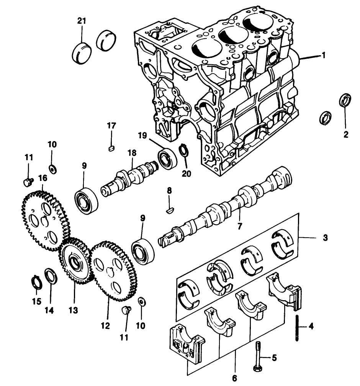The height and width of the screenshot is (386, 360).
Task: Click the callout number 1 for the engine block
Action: click(x=324, y=55)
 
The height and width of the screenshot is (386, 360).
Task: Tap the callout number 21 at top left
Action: click(x=81, y=21)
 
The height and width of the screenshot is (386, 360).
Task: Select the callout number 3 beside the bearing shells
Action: click(x=325, y=238)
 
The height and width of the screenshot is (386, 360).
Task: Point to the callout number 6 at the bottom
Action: click(x=234, y=378)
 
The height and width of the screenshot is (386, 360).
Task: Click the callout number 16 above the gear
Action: click(x=43, y=178)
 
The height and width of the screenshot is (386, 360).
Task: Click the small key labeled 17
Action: click(x=111, y=148)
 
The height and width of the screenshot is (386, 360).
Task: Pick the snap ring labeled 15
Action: click(x=36, y=284)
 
